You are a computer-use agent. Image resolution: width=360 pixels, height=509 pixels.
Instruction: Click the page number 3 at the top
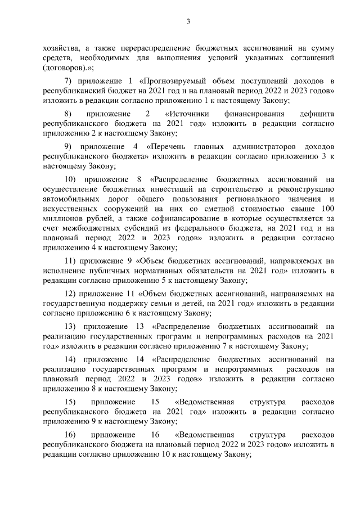190,21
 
